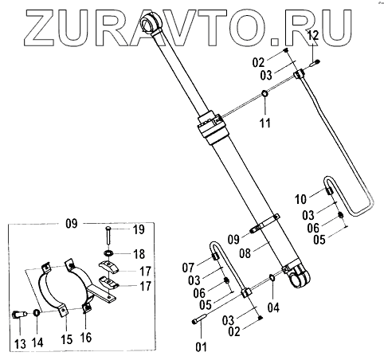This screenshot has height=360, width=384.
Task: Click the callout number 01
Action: click(201, 346)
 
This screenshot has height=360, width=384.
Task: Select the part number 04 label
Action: click(273, 307)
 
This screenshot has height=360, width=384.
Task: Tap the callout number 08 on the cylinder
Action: click(245, 253)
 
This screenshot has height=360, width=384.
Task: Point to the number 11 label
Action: click(265, 123)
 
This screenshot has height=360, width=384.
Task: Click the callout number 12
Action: click(313, 35)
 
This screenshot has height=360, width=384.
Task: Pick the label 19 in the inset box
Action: click(139, 229)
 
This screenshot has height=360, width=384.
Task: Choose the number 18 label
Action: click(139, 254)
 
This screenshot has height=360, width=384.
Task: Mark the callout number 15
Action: click(66, 339)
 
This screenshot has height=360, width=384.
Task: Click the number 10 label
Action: click(300, 199)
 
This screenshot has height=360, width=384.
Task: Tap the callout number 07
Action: click(188, 268)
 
